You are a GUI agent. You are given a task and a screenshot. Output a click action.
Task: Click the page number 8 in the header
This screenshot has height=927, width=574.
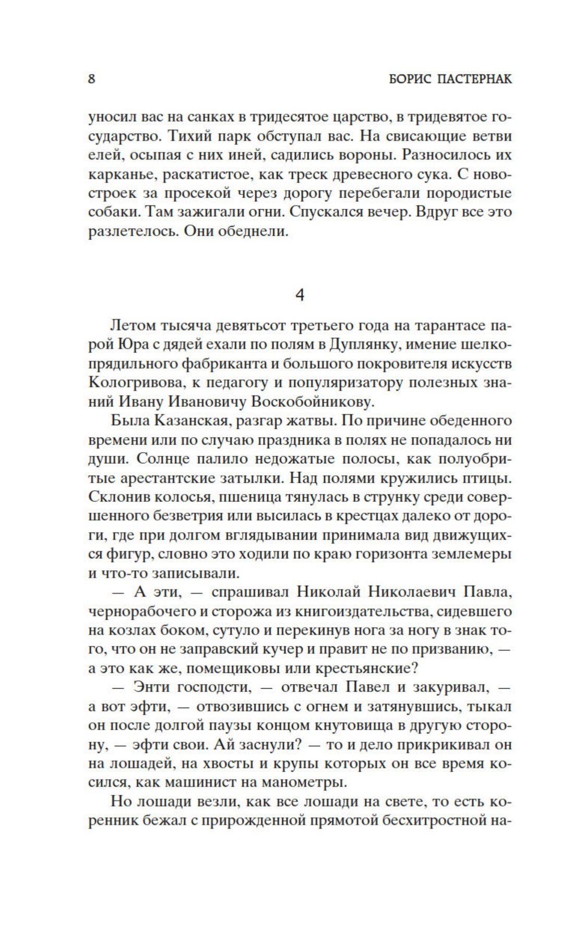[91, 79]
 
